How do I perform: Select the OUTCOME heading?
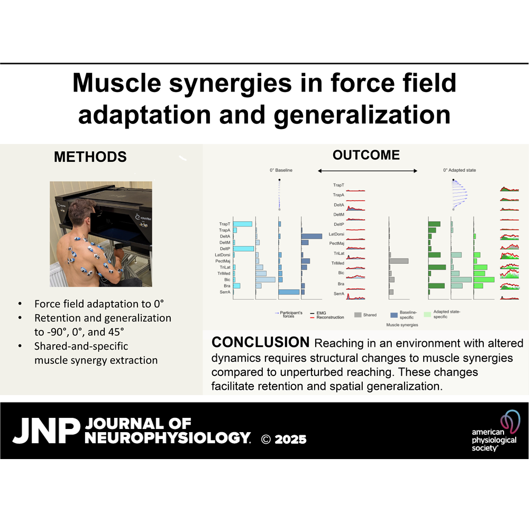[x=366, y=155]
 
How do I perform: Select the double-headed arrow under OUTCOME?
[x=368, y=170]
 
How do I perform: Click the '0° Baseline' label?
[x=280, y=170]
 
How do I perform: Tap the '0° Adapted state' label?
[x=460, y=170]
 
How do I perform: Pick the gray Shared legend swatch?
[x=358, y=315]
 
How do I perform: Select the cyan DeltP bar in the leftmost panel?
[x=244, y=249]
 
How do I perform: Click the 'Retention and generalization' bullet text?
[x=103, y=318]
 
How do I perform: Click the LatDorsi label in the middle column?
[x=337, y=234]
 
